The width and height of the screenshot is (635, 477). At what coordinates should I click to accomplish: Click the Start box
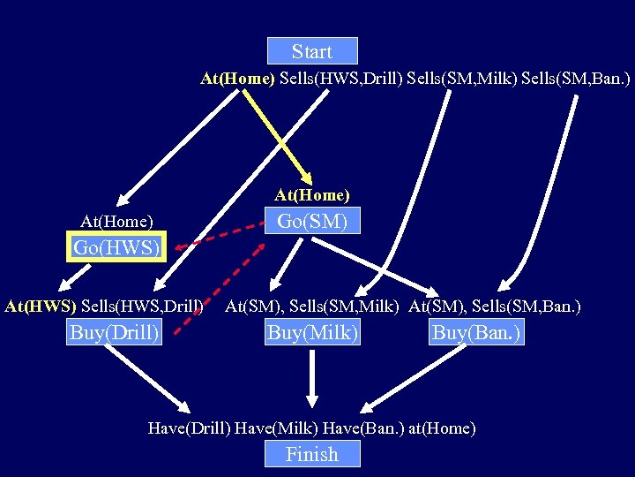pos(312,51)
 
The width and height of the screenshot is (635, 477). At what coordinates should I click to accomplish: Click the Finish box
pos(312,454)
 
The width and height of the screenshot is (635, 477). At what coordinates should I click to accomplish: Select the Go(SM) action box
pos(312,221)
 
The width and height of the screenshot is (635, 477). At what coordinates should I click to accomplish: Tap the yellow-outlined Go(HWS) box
pos(117,247)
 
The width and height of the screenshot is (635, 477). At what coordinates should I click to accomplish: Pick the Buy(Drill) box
pos(115,332)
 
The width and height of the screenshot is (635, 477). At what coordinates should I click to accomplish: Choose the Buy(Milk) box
pos(312,332)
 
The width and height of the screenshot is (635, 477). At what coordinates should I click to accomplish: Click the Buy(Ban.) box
pos(476,332)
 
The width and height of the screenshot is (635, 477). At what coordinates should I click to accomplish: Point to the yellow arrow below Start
pos(278,138)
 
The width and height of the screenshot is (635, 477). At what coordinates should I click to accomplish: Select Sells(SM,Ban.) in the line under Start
pos(576,79)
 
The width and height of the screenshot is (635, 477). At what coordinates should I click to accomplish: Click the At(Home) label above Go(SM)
pos(312,194)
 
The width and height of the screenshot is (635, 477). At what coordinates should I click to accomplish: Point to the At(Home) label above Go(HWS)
pos(116,221)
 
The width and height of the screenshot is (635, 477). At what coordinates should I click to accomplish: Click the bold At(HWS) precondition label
pos(41,307)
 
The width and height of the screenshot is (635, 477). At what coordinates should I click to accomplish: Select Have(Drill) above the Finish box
pos(190,428)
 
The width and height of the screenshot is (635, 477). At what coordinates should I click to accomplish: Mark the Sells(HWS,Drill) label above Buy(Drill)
pos(143,307)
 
